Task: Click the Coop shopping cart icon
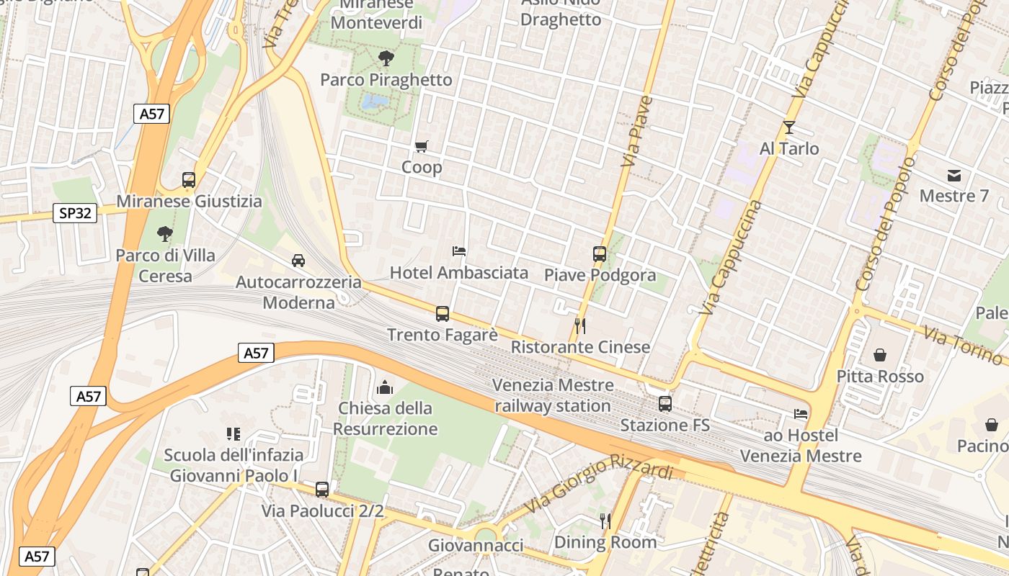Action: pos(422,147)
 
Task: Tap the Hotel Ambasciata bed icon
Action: pos(459,251)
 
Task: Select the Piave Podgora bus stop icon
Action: pos(600,254)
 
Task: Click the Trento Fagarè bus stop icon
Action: pos(443,314)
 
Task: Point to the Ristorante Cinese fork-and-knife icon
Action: pos(580,326)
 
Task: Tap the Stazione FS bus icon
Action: pos(665,404)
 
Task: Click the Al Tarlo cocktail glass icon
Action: pos(789,127)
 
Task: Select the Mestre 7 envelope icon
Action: pos(954,175)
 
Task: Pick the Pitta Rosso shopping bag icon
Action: pos(880,355)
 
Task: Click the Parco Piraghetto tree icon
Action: pos(386,58)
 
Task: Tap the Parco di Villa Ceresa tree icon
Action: pos(165,234)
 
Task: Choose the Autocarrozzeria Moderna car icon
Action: pos(298,260)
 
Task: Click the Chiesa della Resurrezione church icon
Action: pos(386,387)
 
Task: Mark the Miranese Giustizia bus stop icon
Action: pos(189,180)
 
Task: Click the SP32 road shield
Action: pos(75,213)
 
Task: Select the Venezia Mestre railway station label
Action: pos(553,395)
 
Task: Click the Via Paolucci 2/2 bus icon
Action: pos(322,490)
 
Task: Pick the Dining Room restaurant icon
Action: pos(605,521)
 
